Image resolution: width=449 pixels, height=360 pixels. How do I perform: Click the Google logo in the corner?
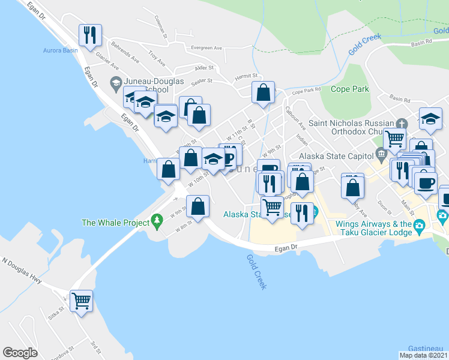click(x=20, y=353)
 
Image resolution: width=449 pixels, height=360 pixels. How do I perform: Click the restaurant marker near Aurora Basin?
click(x=91, y=35)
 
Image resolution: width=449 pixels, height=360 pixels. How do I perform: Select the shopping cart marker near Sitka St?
click(x=81, y=300)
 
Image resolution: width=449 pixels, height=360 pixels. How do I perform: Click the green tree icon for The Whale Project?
click(x=157, y=221)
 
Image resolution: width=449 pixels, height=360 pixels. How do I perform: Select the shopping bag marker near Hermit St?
click(x=263, y=93)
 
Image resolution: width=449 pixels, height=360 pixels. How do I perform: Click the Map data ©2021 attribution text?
click(x=424, y=355)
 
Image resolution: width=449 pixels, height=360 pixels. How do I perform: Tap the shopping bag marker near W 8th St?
click(x=198, y=206)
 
